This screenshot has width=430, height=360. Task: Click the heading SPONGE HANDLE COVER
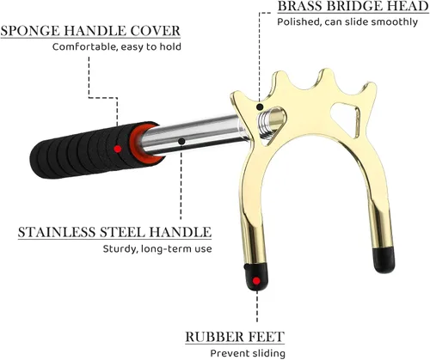point(90,31)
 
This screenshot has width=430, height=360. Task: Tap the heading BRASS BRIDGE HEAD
point(353,6)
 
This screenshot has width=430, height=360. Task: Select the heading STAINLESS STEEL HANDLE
point(114,232)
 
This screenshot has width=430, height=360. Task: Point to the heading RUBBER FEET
point(235,337)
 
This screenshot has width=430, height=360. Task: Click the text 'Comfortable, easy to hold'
point(117,47)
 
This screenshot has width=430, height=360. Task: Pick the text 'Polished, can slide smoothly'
point(347,22)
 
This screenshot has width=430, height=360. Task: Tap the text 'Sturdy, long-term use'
point(157,248)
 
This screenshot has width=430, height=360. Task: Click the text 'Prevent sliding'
point(248,353)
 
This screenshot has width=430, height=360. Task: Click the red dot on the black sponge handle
point(117,149)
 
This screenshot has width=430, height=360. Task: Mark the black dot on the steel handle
point(181,141)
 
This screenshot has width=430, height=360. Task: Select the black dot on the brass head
point(260,107)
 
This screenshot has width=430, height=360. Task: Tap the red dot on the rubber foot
point(256,281)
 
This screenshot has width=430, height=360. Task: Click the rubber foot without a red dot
point(384,259)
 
